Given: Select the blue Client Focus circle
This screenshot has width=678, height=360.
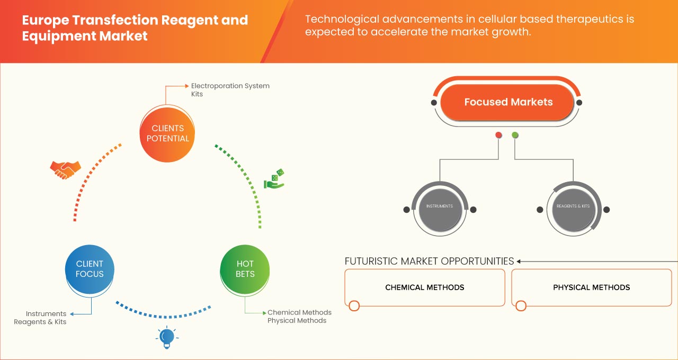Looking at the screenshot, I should coord(90,269).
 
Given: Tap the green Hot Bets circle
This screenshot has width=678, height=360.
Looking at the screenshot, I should coord(245,269).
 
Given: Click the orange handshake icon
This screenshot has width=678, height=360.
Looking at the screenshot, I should coord(65,169).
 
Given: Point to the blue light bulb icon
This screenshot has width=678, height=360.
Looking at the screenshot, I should coord(167,337).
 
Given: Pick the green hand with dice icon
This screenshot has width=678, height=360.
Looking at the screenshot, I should coord(274,179).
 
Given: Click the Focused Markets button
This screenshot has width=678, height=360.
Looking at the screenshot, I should coord(508,102).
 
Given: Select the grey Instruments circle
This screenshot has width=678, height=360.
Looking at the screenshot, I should coord(440,206).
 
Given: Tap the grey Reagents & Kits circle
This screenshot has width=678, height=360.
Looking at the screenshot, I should coord(573,206).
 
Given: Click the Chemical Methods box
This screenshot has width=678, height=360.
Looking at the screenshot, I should coord(424,287).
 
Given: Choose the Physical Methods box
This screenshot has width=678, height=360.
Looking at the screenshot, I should coord(591,287).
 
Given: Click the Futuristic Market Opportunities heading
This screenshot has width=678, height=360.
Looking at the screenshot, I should coord(429,261).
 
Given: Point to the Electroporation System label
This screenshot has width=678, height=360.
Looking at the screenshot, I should coord(230,86).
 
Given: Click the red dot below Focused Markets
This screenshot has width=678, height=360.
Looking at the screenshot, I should coord(498,136).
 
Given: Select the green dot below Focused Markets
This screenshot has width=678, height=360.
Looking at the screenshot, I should coord(515,136).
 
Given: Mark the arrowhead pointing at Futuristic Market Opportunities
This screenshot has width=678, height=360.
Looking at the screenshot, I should coord(519,261).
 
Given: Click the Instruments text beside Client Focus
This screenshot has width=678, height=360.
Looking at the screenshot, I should coord(46,314).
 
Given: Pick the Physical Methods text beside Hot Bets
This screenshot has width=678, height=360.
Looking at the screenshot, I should coord(297,320).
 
